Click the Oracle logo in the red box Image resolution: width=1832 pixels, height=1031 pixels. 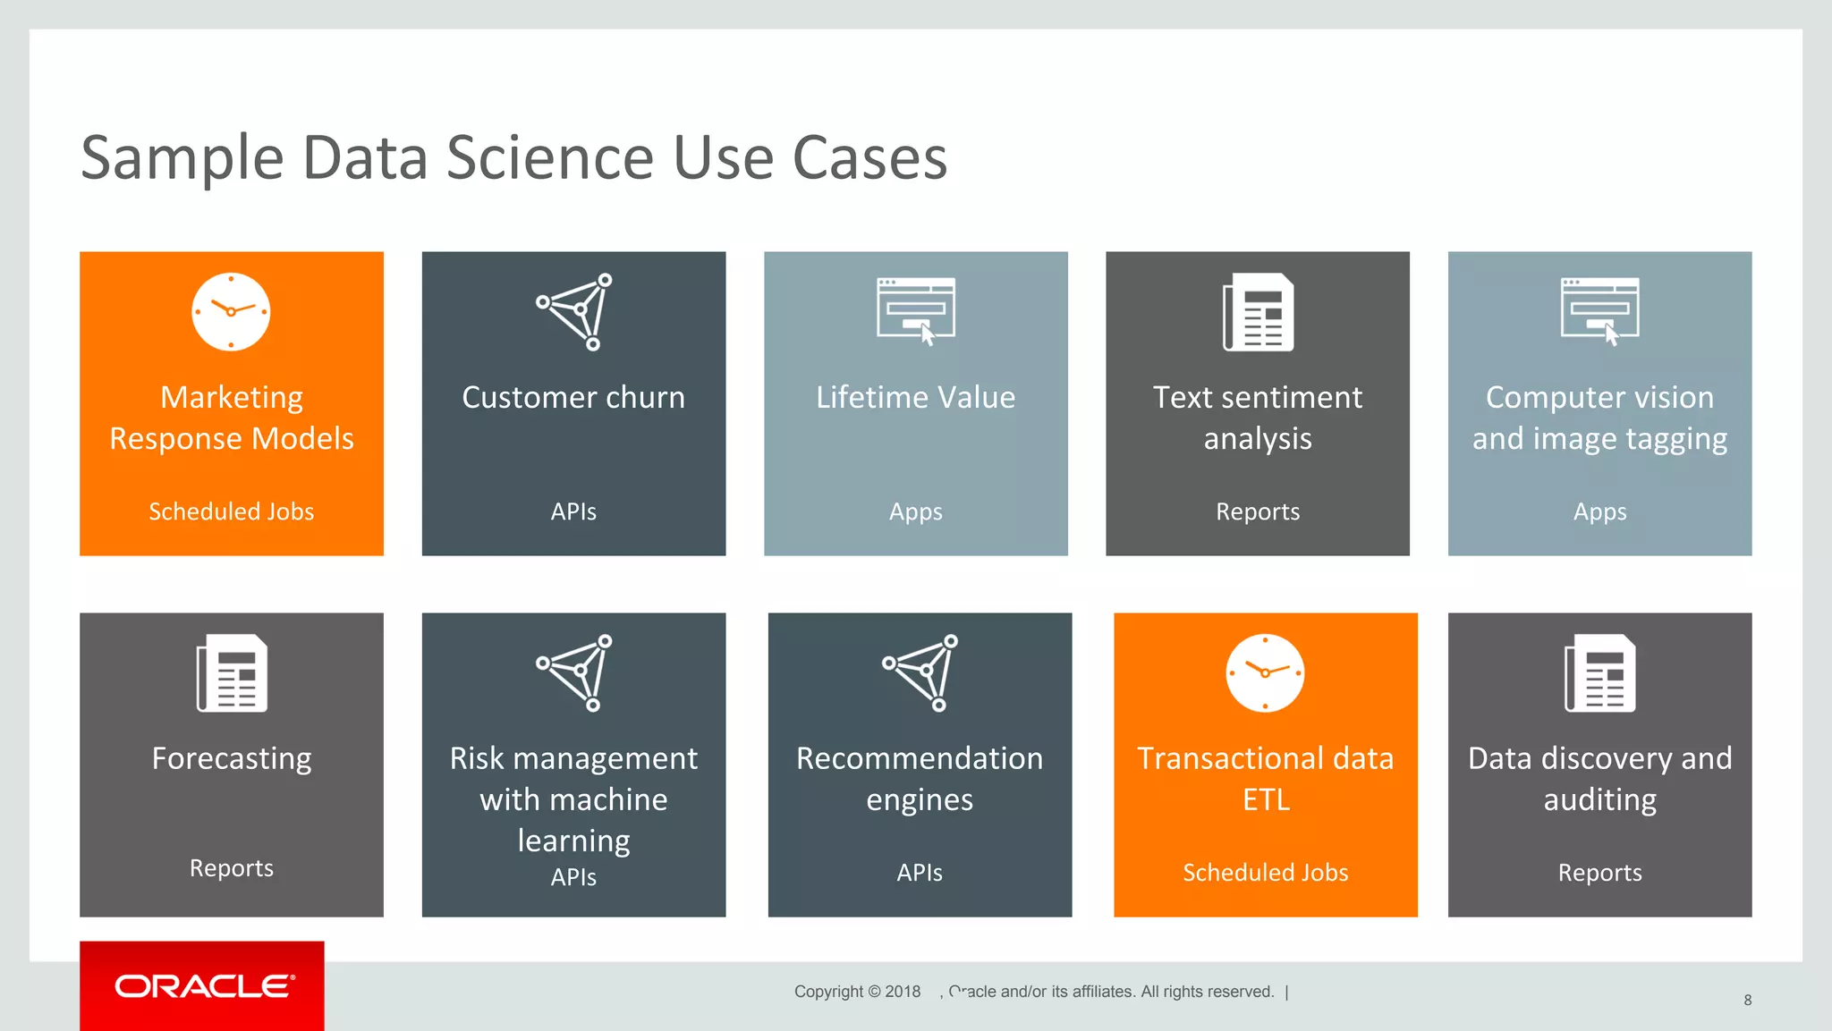(203, 985)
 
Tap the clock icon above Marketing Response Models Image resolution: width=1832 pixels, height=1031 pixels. (231, 311)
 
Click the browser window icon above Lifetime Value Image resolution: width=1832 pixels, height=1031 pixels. (915, 309)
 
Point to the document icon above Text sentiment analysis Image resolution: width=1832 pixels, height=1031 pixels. (1258, 311)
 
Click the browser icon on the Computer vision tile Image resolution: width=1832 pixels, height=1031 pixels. (1599, 309)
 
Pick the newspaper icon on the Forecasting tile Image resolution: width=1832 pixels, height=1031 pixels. (232, 672)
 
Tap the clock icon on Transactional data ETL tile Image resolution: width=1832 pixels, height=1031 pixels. (1265, 672)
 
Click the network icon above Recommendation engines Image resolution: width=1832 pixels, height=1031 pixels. (920, 672)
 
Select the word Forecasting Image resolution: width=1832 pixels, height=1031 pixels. (232, 758)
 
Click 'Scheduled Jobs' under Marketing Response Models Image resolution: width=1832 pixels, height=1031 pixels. (231, 511)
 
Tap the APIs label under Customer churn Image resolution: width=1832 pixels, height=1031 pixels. (573, 511)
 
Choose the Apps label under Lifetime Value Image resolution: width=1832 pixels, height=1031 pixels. (915, 511)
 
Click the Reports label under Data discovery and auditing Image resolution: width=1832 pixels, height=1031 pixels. (1599, 873)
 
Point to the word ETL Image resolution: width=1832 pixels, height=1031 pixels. (1266, 799)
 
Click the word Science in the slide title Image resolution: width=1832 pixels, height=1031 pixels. (550, 157)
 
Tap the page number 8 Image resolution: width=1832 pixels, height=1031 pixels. (1747, 1000)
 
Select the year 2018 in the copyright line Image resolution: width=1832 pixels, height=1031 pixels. (903, 991)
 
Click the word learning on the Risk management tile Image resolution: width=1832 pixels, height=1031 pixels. (573, 841)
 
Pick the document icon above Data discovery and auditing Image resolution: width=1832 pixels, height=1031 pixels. (1599, 672)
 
